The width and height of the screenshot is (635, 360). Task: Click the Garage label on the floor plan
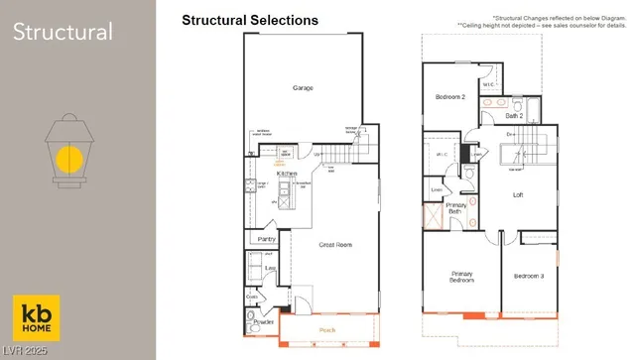303,88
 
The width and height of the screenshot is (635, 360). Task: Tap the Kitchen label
288,174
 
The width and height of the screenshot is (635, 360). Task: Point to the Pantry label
266,239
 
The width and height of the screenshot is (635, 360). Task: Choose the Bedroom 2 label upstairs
451,97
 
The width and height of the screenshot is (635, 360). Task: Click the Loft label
517,195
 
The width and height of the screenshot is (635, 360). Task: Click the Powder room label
264,322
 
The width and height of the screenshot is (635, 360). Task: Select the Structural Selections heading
250,20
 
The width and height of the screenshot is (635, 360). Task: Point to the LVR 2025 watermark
25,352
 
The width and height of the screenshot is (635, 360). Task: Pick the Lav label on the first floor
269,268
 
